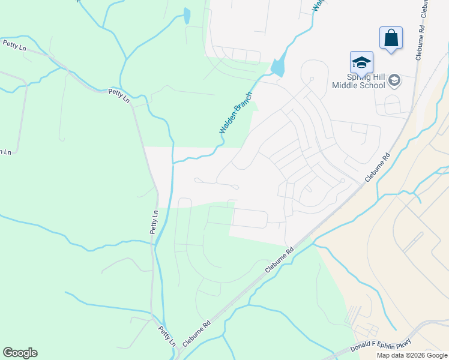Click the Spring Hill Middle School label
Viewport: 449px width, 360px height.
(x=359, y=81)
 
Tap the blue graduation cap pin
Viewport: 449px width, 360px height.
(x=361, y=62)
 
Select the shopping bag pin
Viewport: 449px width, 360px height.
(x=391, y=38)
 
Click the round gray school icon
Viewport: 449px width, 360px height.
(x=394, y=80)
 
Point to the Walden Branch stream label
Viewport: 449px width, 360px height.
(x=235, y=113)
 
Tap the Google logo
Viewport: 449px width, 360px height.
(x=20, y=353)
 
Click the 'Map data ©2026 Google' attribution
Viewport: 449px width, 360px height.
(x=412, y=355)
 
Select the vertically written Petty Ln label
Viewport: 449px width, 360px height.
(x=154, y=222)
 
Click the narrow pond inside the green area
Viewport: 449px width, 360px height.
(x=187, y=16)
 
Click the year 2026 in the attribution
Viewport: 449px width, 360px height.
(x=420, y=355)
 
